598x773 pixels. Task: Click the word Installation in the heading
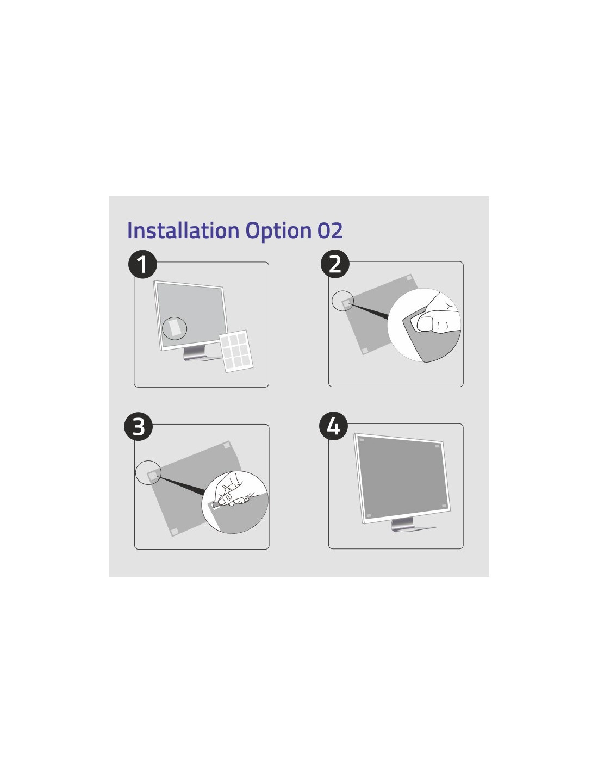coord(183,230)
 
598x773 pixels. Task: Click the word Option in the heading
coord(279,231)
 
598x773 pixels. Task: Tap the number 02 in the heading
coord(330,230)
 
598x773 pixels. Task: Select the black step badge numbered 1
coord(142,264)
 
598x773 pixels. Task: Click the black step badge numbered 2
coord(335,264)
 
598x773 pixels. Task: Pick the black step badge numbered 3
coord(139,426)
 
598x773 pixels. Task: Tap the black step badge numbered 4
coord(333,426)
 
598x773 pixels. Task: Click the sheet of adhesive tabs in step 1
coord(236,351)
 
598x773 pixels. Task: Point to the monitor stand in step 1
coord(199,354)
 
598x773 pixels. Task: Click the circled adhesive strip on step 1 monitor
coord(175,328)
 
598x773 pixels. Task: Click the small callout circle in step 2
coord(342,301)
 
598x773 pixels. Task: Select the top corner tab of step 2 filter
coord(409,277)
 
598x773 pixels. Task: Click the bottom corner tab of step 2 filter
coord(365,351)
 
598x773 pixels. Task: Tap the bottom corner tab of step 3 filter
coord(175,532)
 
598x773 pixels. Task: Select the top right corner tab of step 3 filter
coord(227,445)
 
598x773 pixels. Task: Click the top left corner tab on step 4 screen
coord(362,440)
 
